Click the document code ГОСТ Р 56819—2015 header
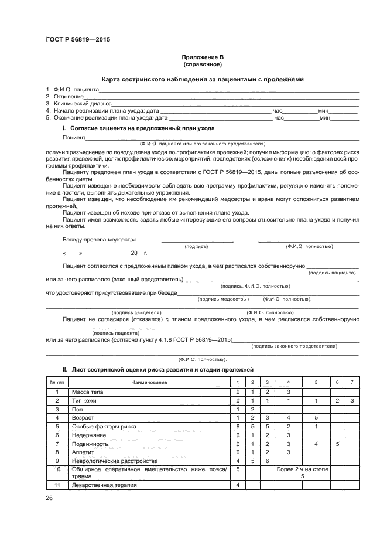pos(77,40)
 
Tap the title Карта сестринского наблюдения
pos(202,80)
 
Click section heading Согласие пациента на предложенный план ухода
pos(142,128)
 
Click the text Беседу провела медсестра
pos(100,239)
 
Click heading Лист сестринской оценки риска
pos(162,370)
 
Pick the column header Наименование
pos(149,382)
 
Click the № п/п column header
pos(57,382)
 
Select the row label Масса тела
pos(87,392)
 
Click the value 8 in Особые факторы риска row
pos(238,427)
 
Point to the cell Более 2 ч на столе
pos(302,470)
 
